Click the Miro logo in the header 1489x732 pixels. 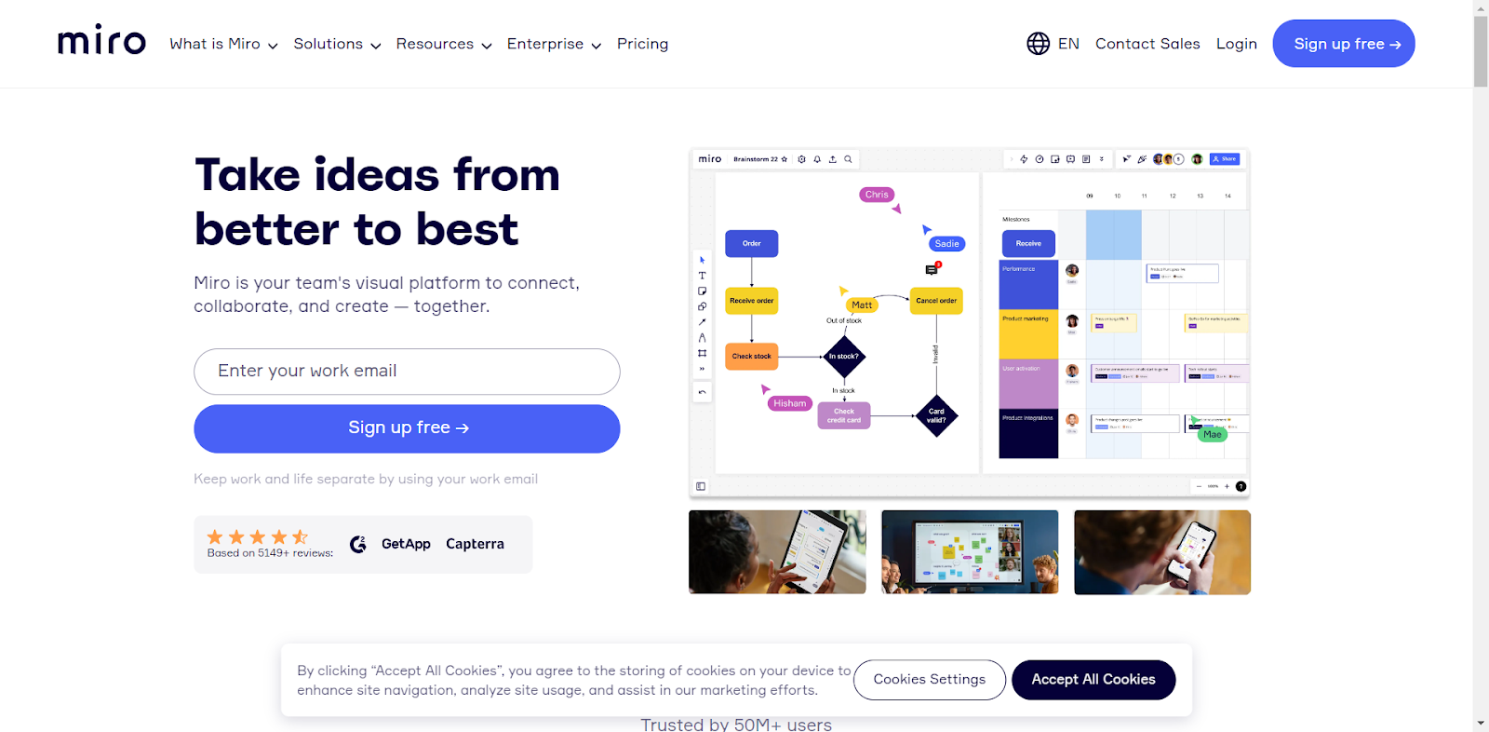pyautogui.click(x=101, y=42)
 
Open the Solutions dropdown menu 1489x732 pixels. pyautogui.click(x=337, y=44)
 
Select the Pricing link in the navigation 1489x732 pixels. pyautogui.click(x=642, y=44)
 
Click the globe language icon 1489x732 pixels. pyautogui.click(x=1038, y=44)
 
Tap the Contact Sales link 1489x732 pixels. pyautogui.click(x=1147, y=44)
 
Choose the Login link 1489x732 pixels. pyautogui.click(x=1236, y=44)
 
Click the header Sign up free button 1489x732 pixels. pyautogui.click(x=1343, y=44)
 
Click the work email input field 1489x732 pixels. pyautogui.click(x=407, y=372)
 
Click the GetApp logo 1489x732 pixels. pyautogui.click(x=406, y=544)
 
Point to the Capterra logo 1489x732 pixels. pyautogui.click(x=475, y=544)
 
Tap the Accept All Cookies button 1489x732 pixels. pyautogui.click(x=1093, y=680)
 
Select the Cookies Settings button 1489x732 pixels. pyautogui.click(x=929, y=680)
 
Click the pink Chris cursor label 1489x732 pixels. pyautogui.click(x=877, y=195)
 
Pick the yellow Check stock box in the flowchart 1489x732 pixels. pyautogui.click(x=751, y=356)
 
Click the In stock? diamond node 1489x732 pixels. pyautogui.click(x=844, y=356)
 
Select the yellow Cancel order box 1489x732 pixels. pyautogui.click(x=935, y=301)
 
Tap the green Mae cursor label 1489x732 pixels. pyautogui.click(x=1212, y=434)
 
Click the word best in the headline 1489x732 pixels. pyautogui.click(x=466, y=230)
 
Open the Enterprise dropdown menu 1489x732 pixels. pyautogui.click(x=554, y=44)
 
